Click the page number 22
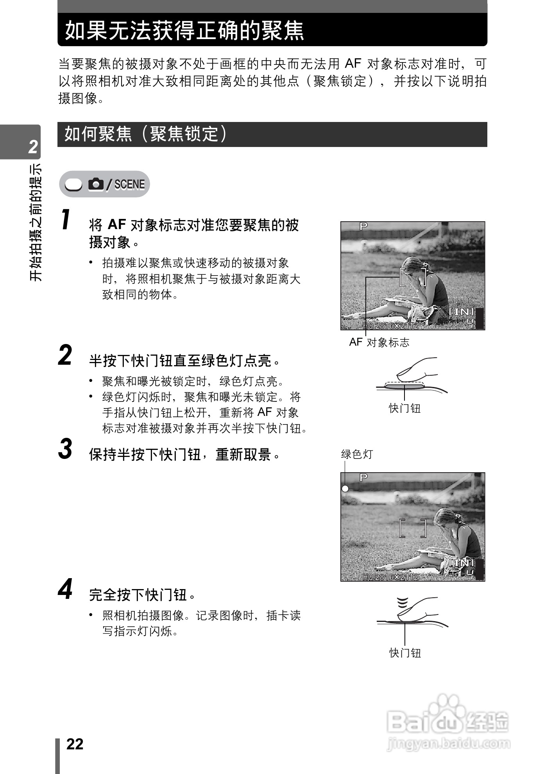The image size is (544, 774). tap(75, 744)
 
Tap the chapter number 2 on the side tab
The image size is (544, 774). tap(33, 147)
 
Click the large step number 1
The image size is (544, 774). tap(66, 220)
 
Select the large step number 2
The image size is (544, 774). tap(65, 355)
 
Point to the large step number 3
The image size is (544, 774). tap(65, 449)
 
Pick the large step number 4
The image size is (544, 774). tap(65, 589)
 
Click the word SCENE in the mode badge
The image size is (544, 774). tap(129, 184)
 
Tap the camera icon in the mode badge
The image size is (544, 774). tap(96, 184)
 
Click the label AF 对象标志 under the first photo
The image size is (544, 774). tap(379, 342)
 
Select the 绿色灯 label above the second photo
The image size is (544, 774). tap(357, 454)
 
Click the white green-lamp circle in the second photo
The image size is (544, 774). tap(345, 489)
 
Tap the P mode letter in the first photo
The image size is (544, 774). tap(363, 226)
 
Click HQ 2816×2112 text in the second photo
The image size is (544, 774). tap(390, 577)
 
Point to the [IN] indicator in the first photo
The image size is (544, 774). tap(461, 311)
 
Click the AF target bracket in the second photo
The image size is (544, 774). tap(413, 528)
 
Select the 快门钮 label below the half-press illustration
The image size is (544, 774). tap(404, 408)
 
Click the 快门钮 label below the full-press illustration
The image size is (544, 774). tap(405, 653)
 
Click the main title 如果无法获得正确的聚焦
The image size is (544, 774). tap(184, 30)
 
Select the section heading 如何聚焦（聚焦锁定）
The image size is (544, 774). tap(145, 134)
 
